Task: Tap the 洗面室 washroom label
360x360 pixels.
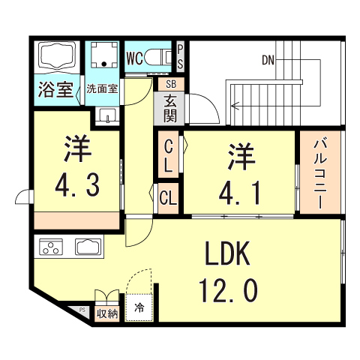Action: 100,88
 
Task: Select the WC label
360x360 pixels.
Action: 136,58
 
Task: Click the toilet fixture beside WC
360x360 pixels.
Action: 160,58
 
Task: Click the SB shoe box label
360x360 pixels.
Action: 170,84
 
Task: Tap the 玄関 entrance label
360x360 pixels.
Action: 170,107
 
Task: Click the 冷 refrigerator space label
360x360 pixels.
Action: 139,307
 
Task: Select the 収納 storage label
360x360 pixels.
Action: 106,313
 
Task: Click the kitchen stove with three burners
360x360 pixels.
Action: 50,247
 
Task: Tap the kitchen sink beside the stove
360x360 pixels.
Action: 88,247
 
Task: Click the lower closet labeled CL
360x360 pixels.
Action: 168,197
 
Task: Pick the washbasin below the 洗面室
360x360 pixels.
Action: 107,116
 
